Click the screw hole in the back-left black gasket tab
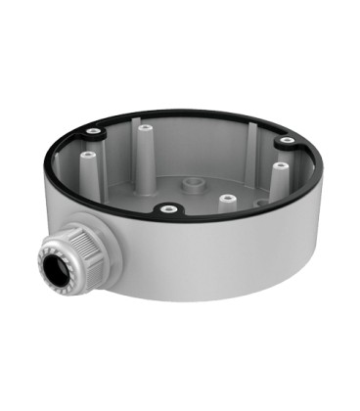pos(93,130)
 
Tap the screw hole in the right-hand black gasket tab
pos(286,141)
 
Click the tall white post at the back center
pos(147,147)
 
